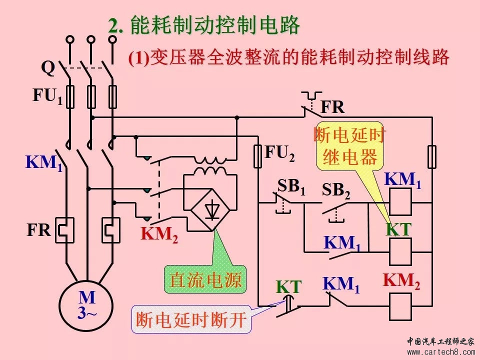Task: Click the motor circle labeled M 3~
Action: [x=87, y=305]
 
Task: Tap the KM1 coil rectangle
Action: [x=400, y=202]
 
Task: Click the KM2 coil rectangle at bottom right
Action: [x=400, y=306]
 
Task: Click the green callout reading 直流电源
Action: [x=205, y=279]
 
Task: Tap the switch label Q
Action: [x=47, y=67]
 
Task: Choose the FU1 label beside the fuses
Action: [x=48, y=96]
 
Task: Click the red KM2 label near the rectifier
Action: [x=159, y=234]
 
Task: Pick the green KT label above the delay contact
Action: [x=289, y=287]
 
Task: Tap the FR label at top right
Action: [x=332, y=107]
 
